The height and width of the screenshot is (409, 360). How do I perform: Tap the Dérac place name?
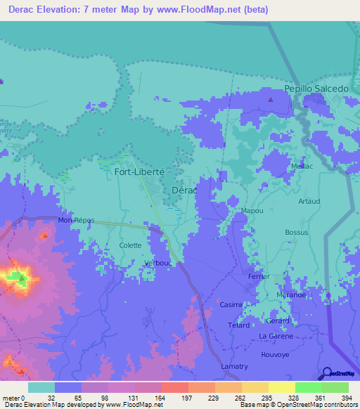pyautogui.click(x=184, y=190)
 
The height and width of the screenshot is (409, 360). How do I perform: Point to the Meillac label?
pyautogui.click(x=302, y=166)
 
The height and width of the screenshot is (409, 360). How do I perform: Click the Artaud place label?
pyautogui.click(x=309, y=201)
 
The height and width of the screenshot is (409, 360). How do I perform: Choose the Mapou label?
pyautogui.click(x=232, y=210)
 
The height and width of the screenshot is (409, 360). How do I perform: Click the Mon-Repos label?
pyautogui.click(x=76, y=220)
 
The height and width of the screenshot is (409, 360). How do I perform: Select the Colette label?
pyautogui.click(x=130, y=245)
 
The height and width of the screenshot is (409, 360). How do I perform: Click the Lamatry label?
pyautogui.click(x=234, y=366)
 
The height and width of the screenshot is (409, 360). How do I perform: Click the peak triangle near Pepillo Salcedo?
pyautogui.click(x=271, y=99)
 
